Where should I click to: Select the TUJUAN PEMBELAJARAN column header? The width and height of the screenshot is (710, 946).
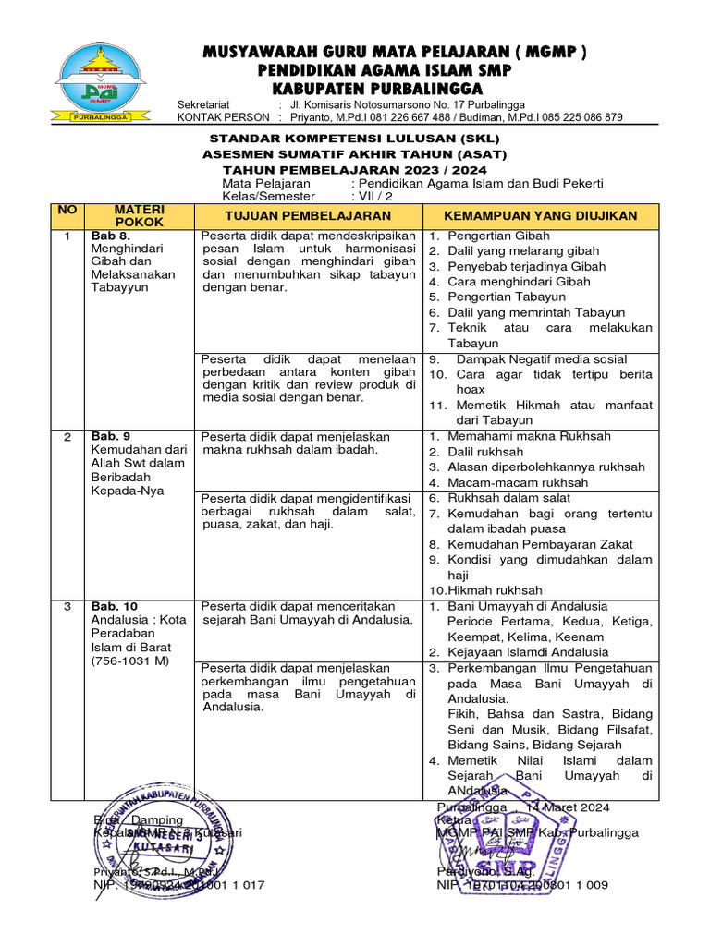point(309,215)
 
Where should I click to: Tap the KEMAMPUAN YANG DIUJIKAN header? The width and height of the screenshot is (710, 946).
point(541,215)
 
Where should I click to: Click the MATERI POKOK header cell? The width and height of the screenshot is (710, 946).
point(140,215)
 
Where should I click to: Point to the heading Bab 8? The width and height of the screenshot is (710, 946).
point(110,236)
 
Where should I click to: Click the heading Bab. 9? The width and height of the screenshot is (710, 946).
point(111,436)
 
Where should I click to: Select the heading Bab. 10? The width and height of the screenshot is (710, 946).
point(115,606)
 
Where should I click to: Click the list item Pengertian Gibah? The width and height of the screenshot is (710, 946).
point(498,236)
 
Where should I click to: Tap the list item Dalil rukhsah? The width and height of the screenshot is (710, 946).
point(485,452)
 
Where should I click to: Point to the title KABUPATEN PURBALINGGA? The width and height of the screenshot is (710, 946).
point(376,89)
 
